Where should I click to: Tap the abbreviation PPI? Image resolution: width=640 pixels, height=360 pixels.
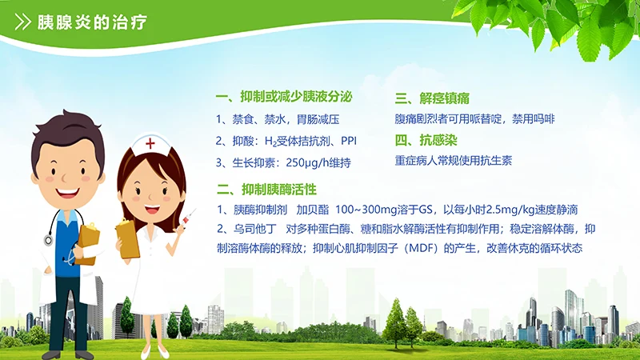350,141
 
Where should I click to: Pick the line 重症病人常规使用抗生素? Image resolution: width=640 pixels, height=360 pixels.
453,160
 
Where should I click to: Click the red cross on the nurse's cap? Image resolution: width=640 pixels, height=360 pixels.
150,143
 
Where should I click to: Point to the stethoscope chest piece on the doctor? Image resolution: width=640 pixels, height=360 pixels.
49,239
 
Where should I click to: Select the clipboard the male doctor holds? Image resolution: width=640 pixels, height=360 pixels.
88,242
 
